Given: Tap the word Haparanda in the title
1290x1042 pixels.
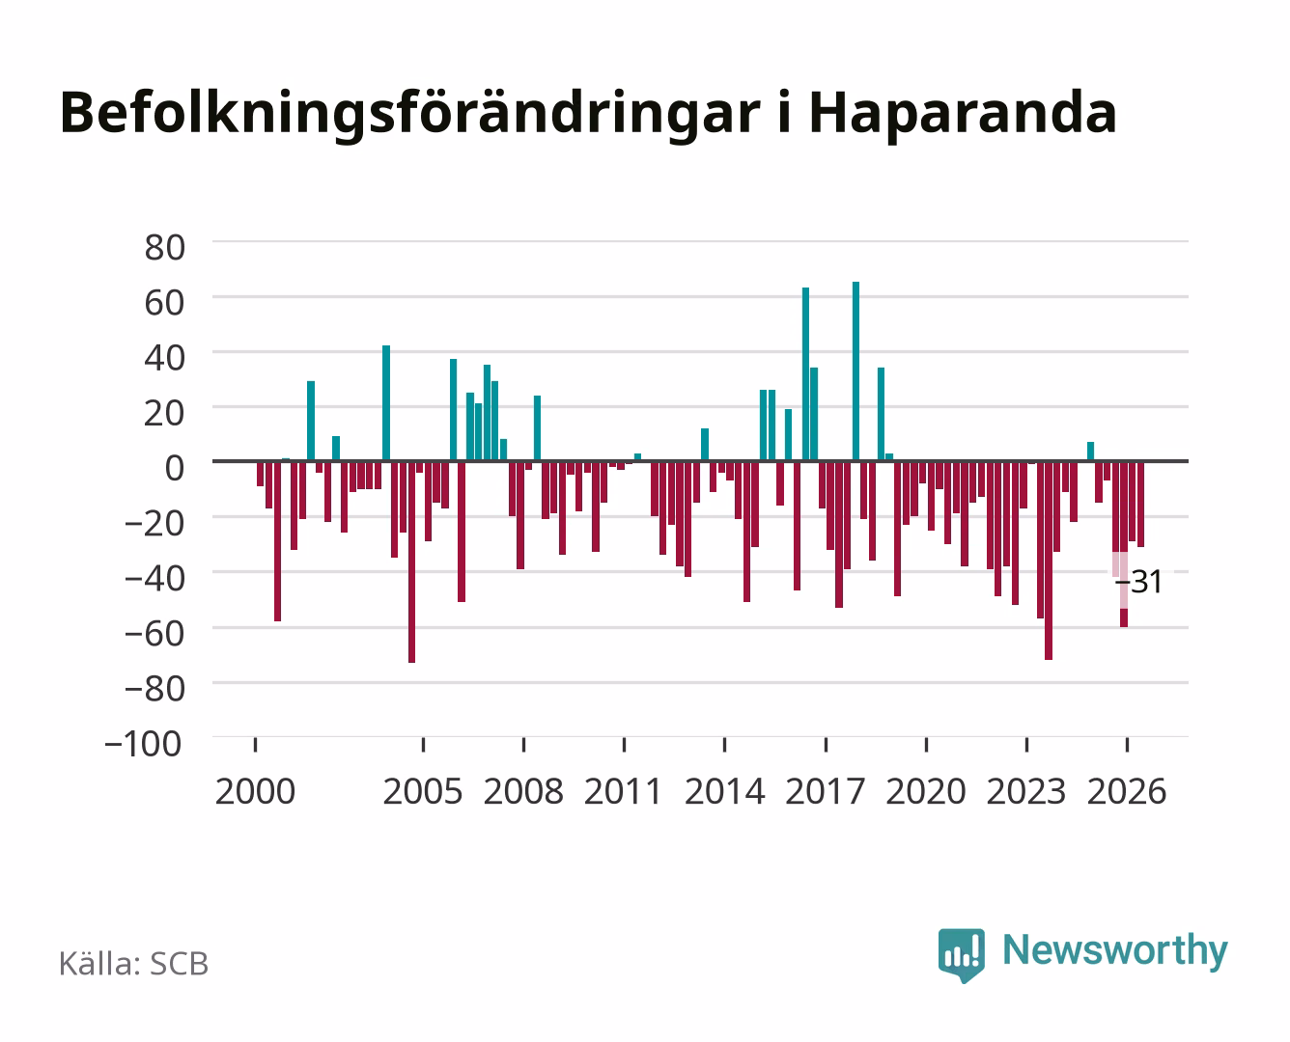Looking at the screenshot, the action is click(x=963, y=113).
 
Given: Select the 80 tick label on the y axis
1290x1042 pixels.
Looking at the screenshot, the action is click(x=165, y=248).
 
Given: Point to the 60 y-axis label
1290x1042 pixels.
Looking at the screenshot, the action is click(x=165, y=303).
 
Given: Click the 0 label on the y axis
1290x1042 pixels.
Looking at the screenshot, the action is click(x=175, y=468).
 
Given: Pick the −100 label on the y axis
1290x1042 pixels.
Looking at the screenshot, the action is click(x=143, y=744).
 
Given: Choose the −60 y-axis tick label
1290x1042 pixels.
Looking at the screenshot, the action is click(x=154, y=634).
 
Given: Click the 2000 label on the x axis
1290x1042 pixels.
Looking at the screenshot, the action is click(x=255, y=791).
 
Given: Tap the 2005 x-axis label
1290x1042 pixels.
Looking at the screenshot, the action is click(x=423, y=791).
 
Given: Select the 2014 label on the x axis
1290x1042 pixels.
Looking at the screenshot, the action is click(x=724, y=791).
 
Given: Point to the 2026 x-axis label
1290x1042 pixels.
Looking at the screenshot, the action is click(x=1127, y=791).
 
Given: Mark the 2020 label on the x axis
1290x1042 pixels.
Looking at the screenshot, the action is click(x=925, y=791).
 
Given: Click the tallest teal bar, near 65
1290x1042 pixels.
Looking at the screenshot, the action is click(x=855, y=370).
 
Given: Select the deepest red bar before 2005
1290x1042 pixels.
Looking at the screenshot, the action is click(x=412, y=562).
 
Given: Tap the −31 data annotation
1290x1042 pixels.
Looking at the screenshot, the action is click(x=1138, y=582).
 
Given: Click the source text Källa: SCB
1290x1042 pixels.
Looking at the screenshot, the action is click(x=134, y=963).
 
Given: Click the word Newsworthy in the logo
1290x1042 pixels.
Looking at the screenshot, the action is click(x=1115, y=950).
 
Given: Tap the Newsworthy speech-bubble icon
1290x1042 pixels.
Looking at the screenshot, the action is click(x=961, y=955).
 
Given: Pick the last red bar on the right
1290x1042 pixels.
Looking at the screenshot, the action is click(x=1140, y=505).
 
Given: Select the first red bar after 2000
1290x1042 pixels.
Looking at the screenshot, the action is click(x=261, y=474).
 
